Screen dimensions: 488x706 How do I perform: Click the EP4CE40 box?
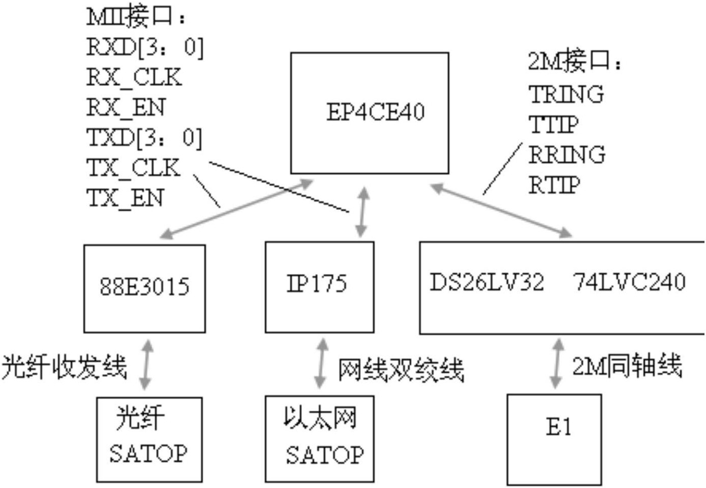(370, 113)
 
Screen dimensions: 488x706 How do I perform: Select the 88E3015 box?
(144, 288)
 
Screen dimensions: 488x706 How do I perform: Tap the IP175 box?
(319, 287)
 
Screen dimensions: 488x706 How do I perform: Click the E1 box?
(554, 439)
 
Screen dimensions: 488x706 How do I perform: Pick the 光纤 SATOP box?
(149, 439)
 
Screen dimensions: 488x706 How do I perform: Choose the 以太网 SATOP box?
(319, 439)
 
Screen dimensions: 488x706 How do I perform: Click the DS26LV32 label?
(486, 283)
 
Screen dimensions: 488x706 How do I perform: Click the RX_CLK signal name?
(134, 78)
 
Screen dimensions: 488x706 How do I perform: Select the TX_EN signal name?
(126, 198)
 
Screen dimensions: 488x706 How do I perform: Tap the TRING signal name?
(566, 95)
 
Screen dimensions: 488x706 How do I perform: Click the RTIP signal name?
(554, 185)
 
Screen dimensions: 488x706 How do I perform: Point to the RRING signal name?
(567, 155)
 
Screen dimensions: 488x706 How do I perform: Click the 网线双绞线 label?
(401, 370)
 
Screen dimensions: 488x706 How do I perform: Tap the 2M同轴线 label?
(627, 365)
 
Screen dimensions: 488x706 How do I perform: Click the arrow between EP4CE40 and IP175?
(362, 211)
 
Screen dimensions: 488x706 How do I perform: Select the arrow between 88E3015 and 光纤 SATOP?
(146, 364)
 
